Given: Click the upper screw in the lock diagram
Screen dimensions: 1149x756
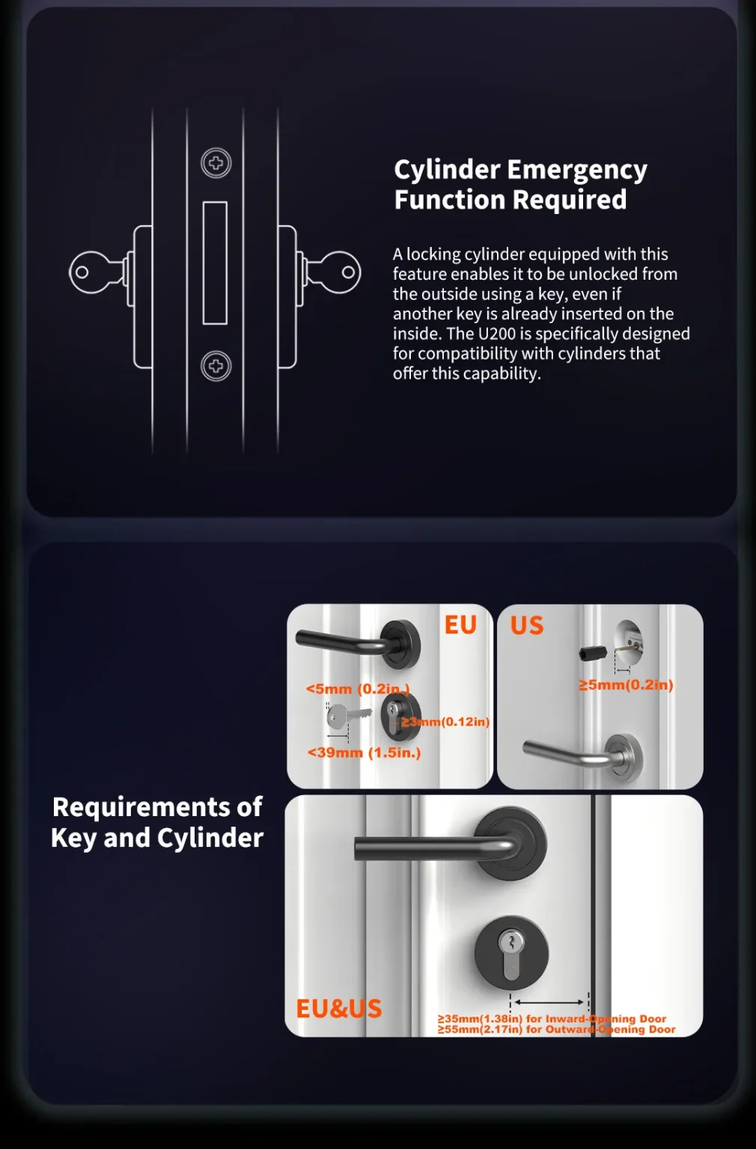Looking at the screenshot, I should coord(216,163).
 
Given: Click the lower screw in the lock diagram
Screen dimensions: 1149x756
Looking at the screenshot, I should coord(216,366).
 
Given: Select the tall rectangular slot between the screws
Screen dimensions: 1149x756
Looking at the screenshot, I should coord(215,263).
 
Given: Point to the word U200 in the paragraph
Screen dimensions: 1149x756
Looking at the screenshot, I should coord(497,334).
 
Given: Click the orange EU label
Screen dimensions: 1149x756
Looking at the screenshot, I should coord(460,625).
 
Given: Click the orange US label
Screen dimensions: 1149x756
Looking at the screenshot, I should coord(527,625).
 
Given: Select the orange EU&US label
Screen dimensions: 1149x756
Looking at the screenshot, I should coord(338,1008).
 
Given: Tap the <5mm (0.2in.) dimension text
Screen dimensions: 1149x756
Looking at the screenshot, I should coord(357,689).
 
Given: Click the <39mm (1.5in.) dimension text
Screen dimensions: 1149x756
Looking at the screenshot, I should coord(364,753).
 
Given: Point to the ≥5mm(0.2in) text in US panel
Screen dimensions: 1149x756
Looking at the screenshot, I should coord(626,684).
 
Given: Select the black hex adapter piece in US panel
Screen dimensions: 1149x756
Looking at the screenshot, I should coord(593,652).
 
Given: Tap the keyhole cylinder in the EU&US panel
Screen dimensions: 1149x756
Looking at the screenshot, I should coord(511,954).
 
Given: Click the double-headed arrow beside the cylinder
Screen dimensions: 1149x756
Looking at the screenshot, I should coord(549,1002).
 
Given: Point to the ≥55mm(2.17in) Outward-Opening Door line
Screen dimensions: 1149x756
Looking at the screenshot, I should coord(556,1029).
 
